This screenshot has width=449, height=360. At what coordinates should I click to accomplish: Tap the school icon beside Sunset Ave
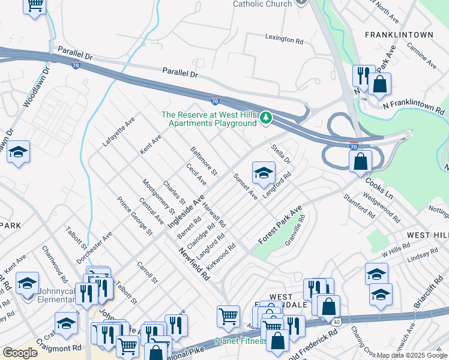click(263, 174)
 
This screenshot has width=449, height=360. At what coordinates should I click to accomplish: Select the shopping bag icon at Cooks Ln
click(360, 161)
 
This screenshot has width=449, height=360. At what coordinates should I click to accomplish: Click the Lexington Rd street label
click(284, 39)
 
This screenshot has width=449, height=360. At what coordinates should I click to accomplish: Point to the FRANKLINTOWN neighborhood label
click(399, 35)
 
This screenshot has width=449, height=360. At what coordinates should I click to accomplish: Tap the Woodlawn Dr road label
click(35, 83)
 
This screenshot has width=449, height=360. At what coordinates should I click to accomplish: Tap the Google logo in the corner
click(20, 352)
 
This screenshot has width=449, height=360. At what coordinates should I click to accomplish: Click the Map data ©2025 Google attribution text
click(412, 355)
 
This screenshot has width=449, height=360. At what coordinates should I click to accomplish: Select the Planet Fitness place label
click(240, 341)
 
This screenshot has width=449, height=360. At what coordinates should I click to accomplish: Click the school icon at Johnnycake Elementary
click(27, 283)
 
